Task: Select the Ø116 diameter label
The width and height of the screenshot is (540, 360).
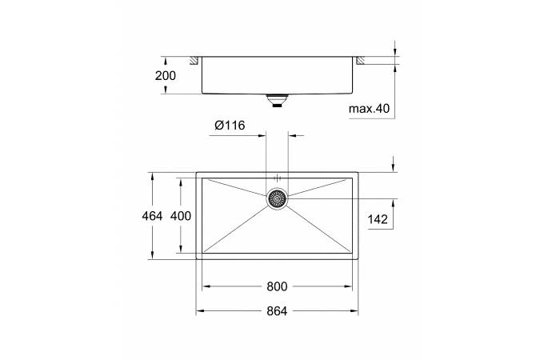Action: point(229,125)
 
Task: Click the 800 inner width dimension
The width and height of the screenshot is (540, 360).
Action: point(277,286)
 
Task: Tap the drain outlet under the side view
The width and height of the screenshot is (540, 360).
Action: point(277,100)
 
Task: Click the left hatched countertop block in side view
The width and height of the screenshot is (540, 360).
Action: point(194,60)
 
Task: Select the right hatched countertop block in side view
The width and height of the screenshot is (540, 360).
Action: point(360,60)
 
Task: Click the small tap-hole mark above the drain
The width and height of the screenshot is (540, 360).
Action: point(277,176)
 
